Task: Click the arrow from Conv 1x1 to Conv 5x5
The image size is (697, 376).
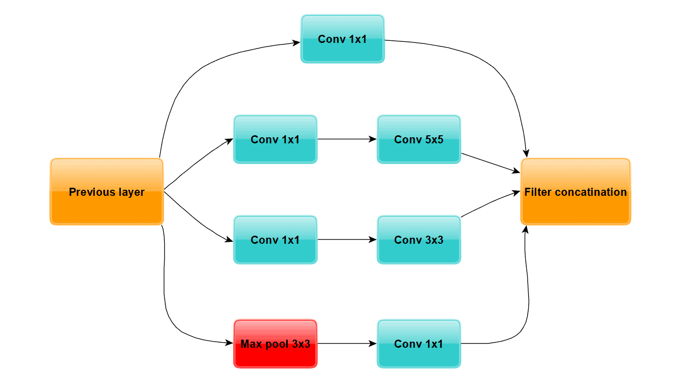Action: (x=347, y=139)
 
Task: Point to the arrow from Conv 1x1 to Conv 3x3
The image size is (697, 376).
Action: (x=347, y=240)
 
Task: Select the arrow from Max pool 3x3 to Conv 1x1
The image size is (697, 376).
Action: (x=347, y=344)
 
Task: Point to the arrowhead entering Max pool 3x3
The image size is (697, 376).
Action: (x=230, y=343)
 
